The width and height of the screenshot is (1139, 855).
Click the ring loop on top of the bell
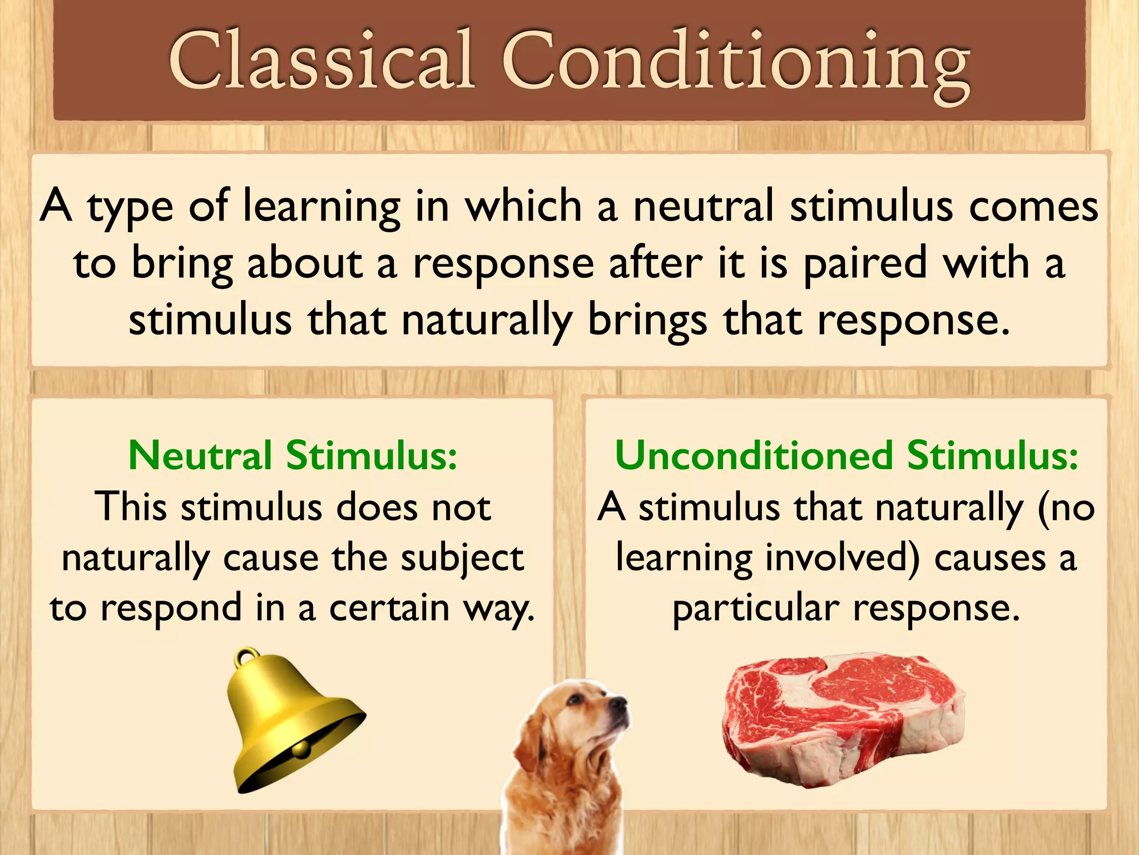click(247, 658)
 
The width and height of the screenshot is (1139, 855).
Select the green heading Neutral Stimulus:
click(293, 455)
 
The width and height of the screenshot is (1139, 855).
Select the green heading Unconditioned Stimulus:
click(846, 455)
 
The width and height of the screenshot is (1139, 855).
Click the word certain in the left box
click(389, 608)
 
